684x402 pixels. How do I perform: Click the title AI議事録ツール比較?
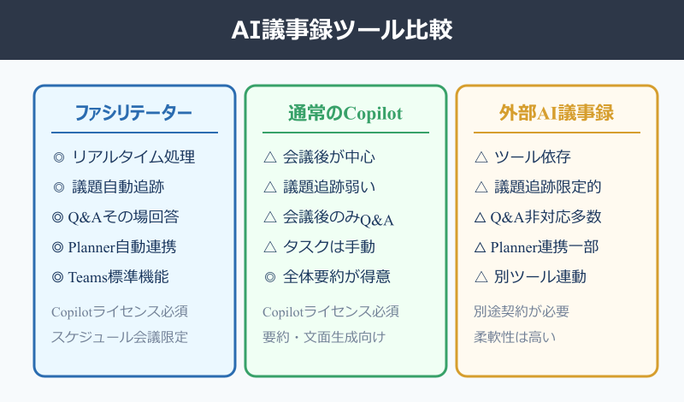pos(342,30)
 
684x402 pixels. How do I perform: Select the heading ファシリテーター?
pos(133,114)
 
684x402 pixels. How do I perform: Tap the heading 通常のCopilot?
pos(345,114)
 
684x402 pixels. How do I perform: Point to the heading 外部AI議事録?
pos(557,114)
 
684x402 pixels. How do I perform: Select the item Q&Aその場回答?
pos(125,217)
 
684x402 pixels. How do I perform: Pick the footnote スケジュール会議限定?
pos(119,337)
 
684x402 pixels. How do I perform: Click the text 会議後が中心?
pos(329,157)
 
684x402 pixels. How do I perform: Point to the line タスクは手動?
pos(329,247)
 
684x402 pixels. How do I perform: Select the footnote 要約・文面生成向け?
pos(324,337)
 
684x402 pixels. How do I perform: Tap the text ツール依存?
pos(534,157)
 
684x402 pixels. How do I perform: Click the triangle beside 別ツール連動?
pos(481,277)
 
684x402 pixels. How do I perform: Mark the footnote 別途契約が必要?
pos(522,311)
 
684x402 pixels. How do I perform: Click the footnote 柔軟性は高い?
pos(515,337)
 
